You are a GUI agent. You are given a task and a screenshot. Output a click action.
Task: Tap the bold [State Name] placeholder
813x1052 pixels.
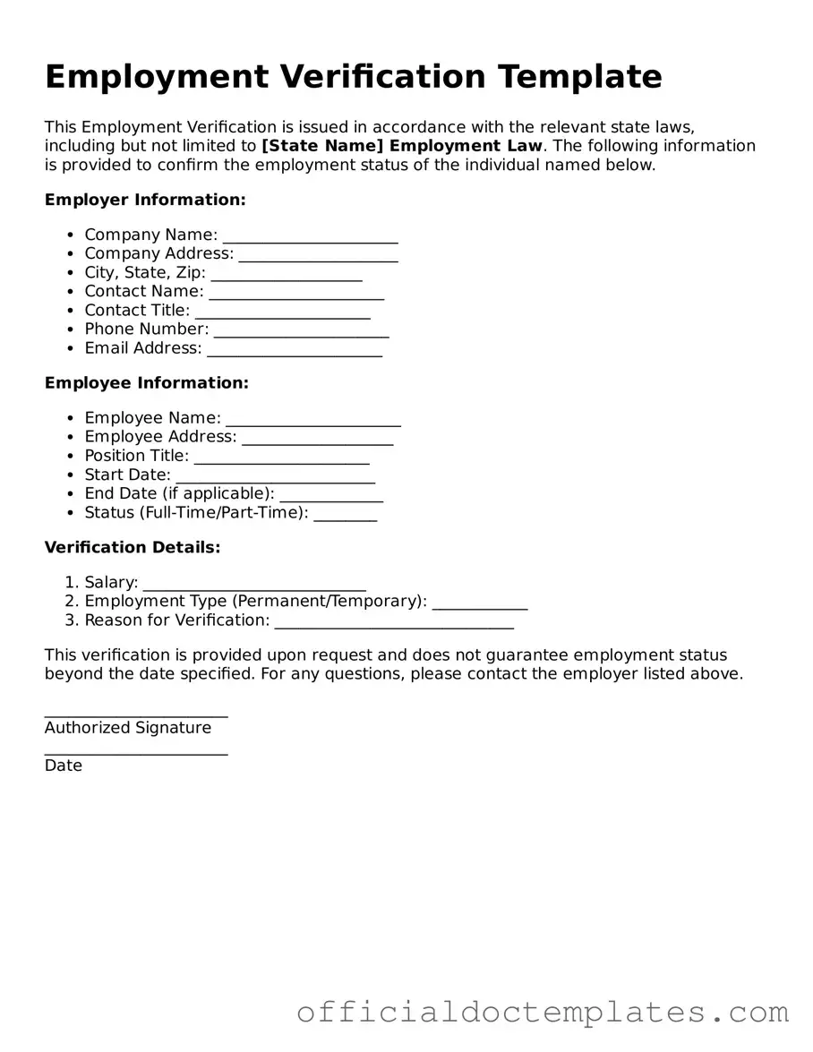click(324, 146)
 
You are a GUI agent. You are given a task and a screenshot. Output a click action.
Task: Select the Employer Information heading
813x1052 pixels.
click(145, 200)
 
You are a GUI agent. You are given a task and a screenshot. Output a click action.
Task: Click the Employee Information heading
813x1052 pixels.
click(147, 383)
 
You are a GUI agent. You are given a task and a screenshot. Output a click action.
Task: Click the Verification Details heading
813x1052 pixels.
click(133, 547)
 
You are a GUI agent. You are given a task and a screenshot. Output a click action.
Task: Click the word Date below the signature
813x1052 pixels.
click(64, 765)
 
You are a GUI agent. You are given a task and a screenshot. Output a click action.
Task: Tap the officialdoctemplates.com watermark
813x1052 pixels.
click(543, 1013)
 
